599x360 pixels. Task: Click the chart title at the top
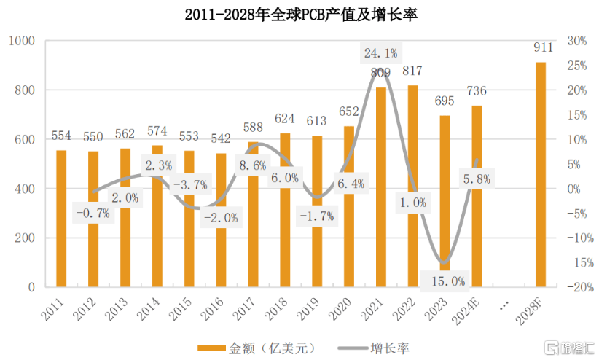point(299,14)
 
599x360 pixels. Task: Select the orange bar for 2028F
point(541,175)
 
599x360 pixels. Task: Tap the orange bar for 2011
point(61,219)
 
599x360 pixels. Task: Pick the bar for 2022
point(413,186)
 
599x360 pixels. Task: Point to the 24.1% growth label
point(380,52)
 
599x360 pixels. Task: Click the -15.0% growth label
point(444,281)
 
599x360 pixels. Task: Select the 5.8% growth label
point(476,178)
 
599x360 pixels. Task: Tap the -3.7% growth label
point(189,184)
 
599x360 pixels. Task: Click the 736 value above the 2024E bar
point(477,91)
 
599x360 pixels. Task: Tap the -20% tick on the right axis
point(574,288)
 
